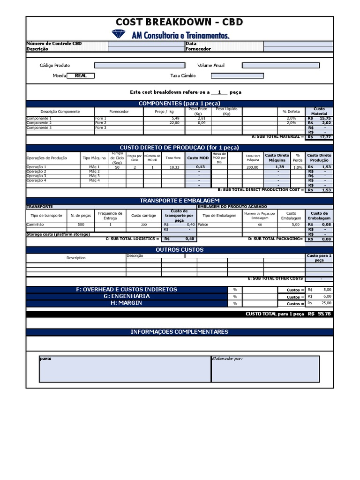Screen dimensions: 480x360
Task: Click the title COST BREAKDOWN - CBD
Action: point(180,22)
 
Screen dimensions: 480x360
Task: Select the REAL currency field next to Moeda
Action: point(81,75)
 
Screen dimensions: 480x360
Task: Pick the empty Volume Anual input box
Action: point(280,66)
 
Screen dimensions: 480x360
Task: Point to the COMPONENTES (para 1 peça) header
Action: point(180,103)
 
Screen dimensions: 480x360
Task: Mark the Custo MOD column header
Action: point(198,158)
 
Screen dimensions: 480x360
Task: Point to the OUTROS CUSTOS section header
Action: point(180,250)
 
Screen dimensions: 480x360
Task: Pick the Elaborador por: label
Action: point(227,359)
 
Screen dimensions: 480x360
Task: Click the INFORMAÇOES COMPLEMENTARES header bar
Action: point(180,332)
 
